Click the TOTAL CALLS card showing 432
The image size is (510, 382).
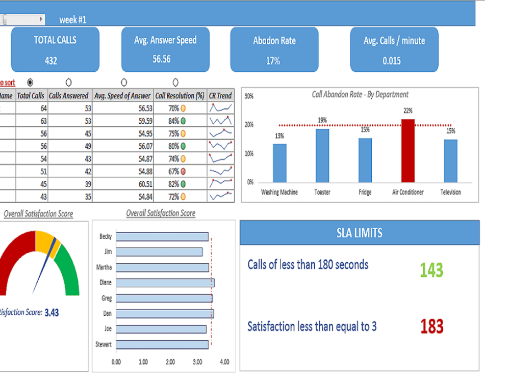[55, 50]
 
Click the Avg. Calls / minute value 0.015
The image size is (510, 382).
[392, 61]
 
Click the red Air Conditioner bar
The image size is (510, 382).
[407, 151]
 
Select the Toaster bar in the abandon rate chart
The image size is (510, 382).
[322, 155]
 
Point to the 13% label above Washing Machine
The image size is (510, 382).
[279, 136]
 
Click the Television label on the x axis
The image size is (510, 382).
[450, 192]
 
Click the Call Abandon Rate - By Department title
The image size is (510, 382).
[360, 94]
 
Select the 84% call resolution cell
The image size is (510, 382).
[174, 121]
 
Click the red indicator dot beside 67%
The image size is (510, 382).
[183, 172]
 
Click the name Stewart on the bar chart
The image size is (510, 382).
[104, 344]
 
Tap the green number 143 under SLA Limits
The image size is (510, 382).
[431, 270]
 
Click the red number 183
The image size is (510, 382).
[431, 326]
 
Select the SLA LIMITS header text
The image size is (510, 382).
[360, 233]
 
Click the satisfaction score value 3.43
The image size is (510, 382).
[52, 313]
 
